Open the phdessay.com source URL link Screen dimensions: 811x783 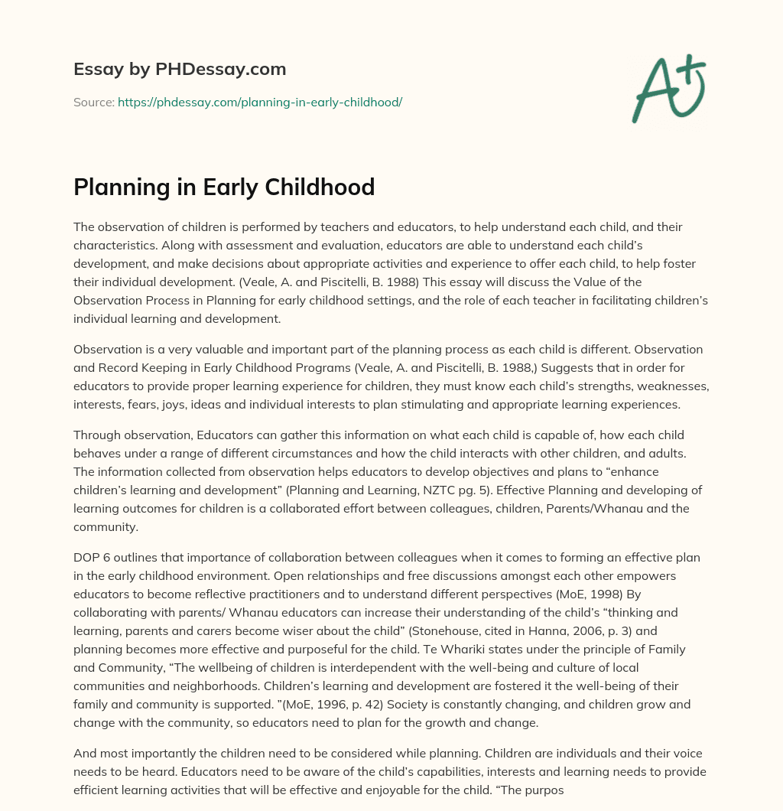tap(260, 102)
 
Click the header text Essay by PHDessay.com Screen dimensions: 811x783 tap(180, 70)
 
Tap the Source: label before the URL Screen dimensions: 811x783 tap(93, 102)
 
